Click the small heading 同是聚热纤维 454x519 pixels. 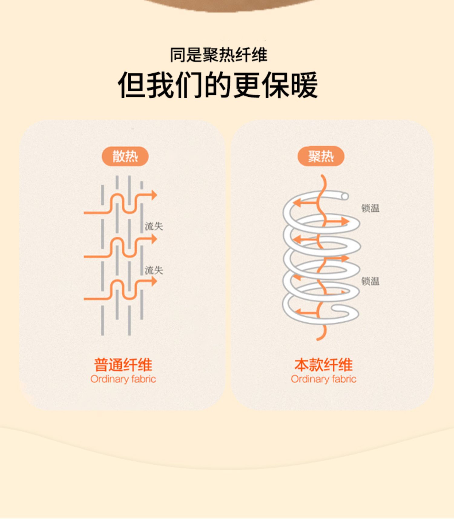pyautogui.click(x=219, y=55)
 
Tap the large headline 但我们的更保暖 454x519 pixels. pyautogui.click(x=218, y=85)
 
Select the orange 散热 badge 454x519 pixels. pyautogui.click(x=125, y=156)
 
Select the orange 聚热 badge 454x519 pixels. pyautogui.click(x=321, y=156)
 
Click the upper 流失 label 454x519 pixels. pyautogui.click(x=154, y=226)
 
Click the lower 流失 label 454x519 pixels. pyautogui.click(x=154, y=270)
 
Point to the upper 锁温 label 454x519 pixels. pyautogui.click(x=370, y=208)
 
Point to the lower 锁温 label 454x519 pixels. pyautogui.click(x=370, y=281)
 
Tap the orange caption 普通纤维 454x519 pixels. pyautogui.click(x=123, y=364)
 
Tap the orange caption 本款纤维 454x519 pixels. pyautogui.click(x=324, y=364)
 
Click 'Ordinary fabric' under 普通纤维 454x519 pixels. pyautogui.click(x=123, y=379)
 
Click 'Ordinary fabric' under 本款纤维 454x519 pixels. pyautogui.click(x=324, y=379)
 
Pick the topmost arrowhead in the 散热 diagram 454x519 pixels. pyautogui.click(x=154, y=195)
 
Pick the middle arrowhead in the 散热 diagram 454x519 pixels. pyautogui.click(x=154, y=239)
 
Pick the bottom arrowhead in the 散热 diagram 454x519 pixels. pyautogui.click(x=154, y=281)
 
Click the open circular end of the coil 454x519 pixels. pyautogui.click(x=344, y=196)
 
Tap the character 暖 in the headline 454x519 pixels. pyautogui.click(x=304, y=85)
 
